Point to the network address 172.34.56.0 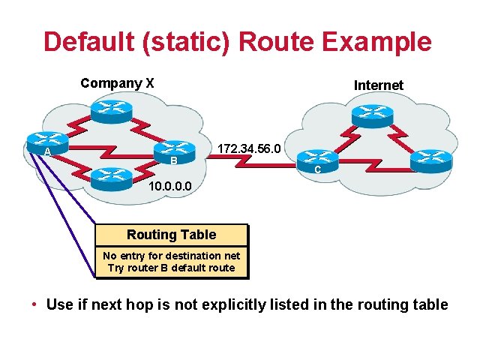click(248, 150)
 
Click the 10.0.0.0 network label click(170, 185)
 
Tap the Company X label click(117, 83)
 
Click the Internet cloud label click(378, 85)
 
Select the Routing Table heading click(171, 235)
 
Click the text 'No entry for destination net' click(171, 256)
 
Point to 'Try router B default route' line click(171, 268)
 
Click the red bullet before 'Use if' click(34, 304)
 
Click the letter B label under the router click(173, 162)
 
